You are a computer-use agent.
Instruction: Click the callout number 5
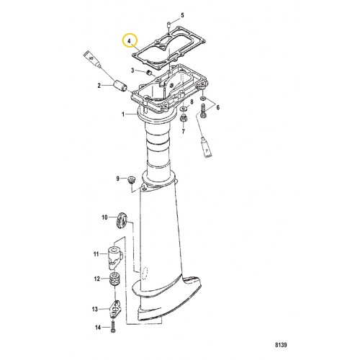click(182, 14)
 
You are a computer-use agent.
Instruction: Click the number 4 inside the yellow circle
click(130, 42)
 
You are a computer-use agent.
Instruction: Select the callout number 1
click(123, 114)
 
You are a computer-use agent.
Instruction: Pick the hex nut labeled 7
click(185, 117)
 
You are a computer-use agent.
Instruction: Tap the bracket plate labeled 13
click(115, 308)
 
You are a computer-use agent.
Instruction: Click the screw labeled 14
click(114, 328)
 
